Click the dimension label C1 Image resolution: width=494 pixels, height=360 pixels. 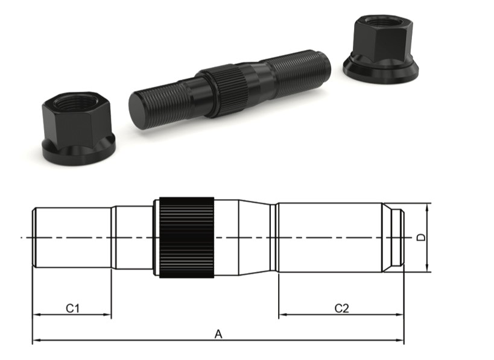pyautogui.click(x=73, y=308)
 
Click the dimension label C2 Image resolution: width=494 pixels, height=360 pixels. pyautogui.click(x=341, y=308)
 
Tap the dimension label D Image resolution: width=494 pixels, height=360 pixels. pyautogui.click(x=422, y=238)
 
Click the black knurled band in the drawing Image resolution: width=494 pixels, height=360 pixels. pyautogui.click(x=186, y=237)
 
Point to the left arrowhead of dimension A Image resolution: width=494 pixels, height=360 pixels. pyautogui.click(x=36, y=341)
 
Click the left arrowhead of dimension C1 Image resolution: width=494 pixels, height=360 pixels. pyautogui.click(x=36, y=315)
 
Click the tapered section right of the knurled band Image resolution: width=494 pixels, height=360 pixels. pyautogui.click(x=256, y=237)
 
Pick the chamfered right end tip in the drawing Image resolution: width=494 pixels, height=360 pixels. pyautogui.click(x=394, y=237)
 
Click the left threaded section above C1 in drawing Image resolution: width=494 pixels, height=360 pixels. pyautogui.click(x=72, y=237)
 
